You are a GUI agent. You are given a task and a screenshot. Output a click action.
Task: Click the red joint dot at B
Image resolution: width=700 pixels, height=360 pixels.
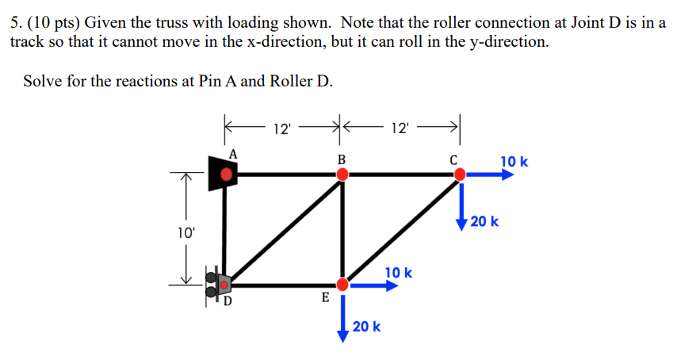coord(342,173)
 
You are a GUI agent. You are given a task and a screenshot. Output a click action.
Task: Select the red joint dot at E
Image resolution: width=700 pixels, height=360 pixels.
coord(342,284)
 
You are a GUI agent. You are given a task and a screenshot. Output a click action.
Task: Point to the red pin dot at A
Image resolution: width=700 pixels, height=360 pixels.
coord(228,173)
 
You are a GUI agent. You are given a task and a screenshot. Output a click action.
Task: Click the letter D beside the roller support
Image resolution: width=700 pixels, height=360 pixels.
coord(228,301)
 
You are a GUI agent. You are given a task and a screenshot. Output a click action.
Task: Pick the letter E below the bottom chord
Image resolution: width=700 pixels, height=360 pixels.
coord(324,299)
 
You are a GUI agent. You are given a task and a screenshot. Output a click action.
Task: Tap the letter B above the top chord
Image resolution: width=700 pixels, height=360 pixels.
coord(342,158)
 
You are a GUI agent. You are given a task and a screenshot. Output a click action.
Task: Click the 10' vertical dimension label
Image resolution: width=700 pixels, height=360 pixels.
coord(186,233)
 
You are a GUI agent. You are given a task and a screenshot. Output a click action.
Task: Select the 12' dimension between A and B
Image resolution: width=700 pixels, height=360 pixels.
coord(281,128)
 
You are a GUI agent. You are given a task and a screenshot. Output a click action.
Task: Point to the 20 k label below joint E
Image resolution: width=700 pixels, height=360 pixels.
coord(366,326)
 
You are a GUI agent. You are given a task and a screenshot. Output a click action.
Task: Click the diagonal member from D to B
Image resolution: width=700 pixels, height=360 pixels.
coord(284,229)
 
